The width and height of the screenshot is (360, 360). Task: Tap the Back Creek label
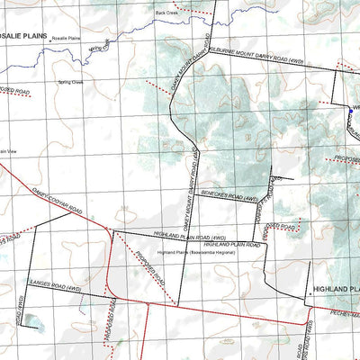click(x=167, y=13)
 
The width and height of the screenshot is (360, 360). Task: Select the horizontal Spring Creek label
click(x=71, y=81)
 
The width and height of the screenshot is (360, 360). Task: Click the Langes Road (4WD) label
click(x=56, y=289)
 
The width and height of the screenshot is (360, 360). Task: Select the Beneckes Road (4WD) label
click(x=229, y=194)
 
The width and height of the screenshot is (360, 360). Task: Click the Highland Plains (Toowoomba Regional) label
click(x=195, y=253)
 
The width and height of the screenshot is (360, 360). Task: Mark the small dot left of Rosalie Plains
click(x=51, y=40)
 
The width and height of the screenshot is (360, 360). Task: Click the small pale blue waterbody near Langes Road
click(x=33, y=319)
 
